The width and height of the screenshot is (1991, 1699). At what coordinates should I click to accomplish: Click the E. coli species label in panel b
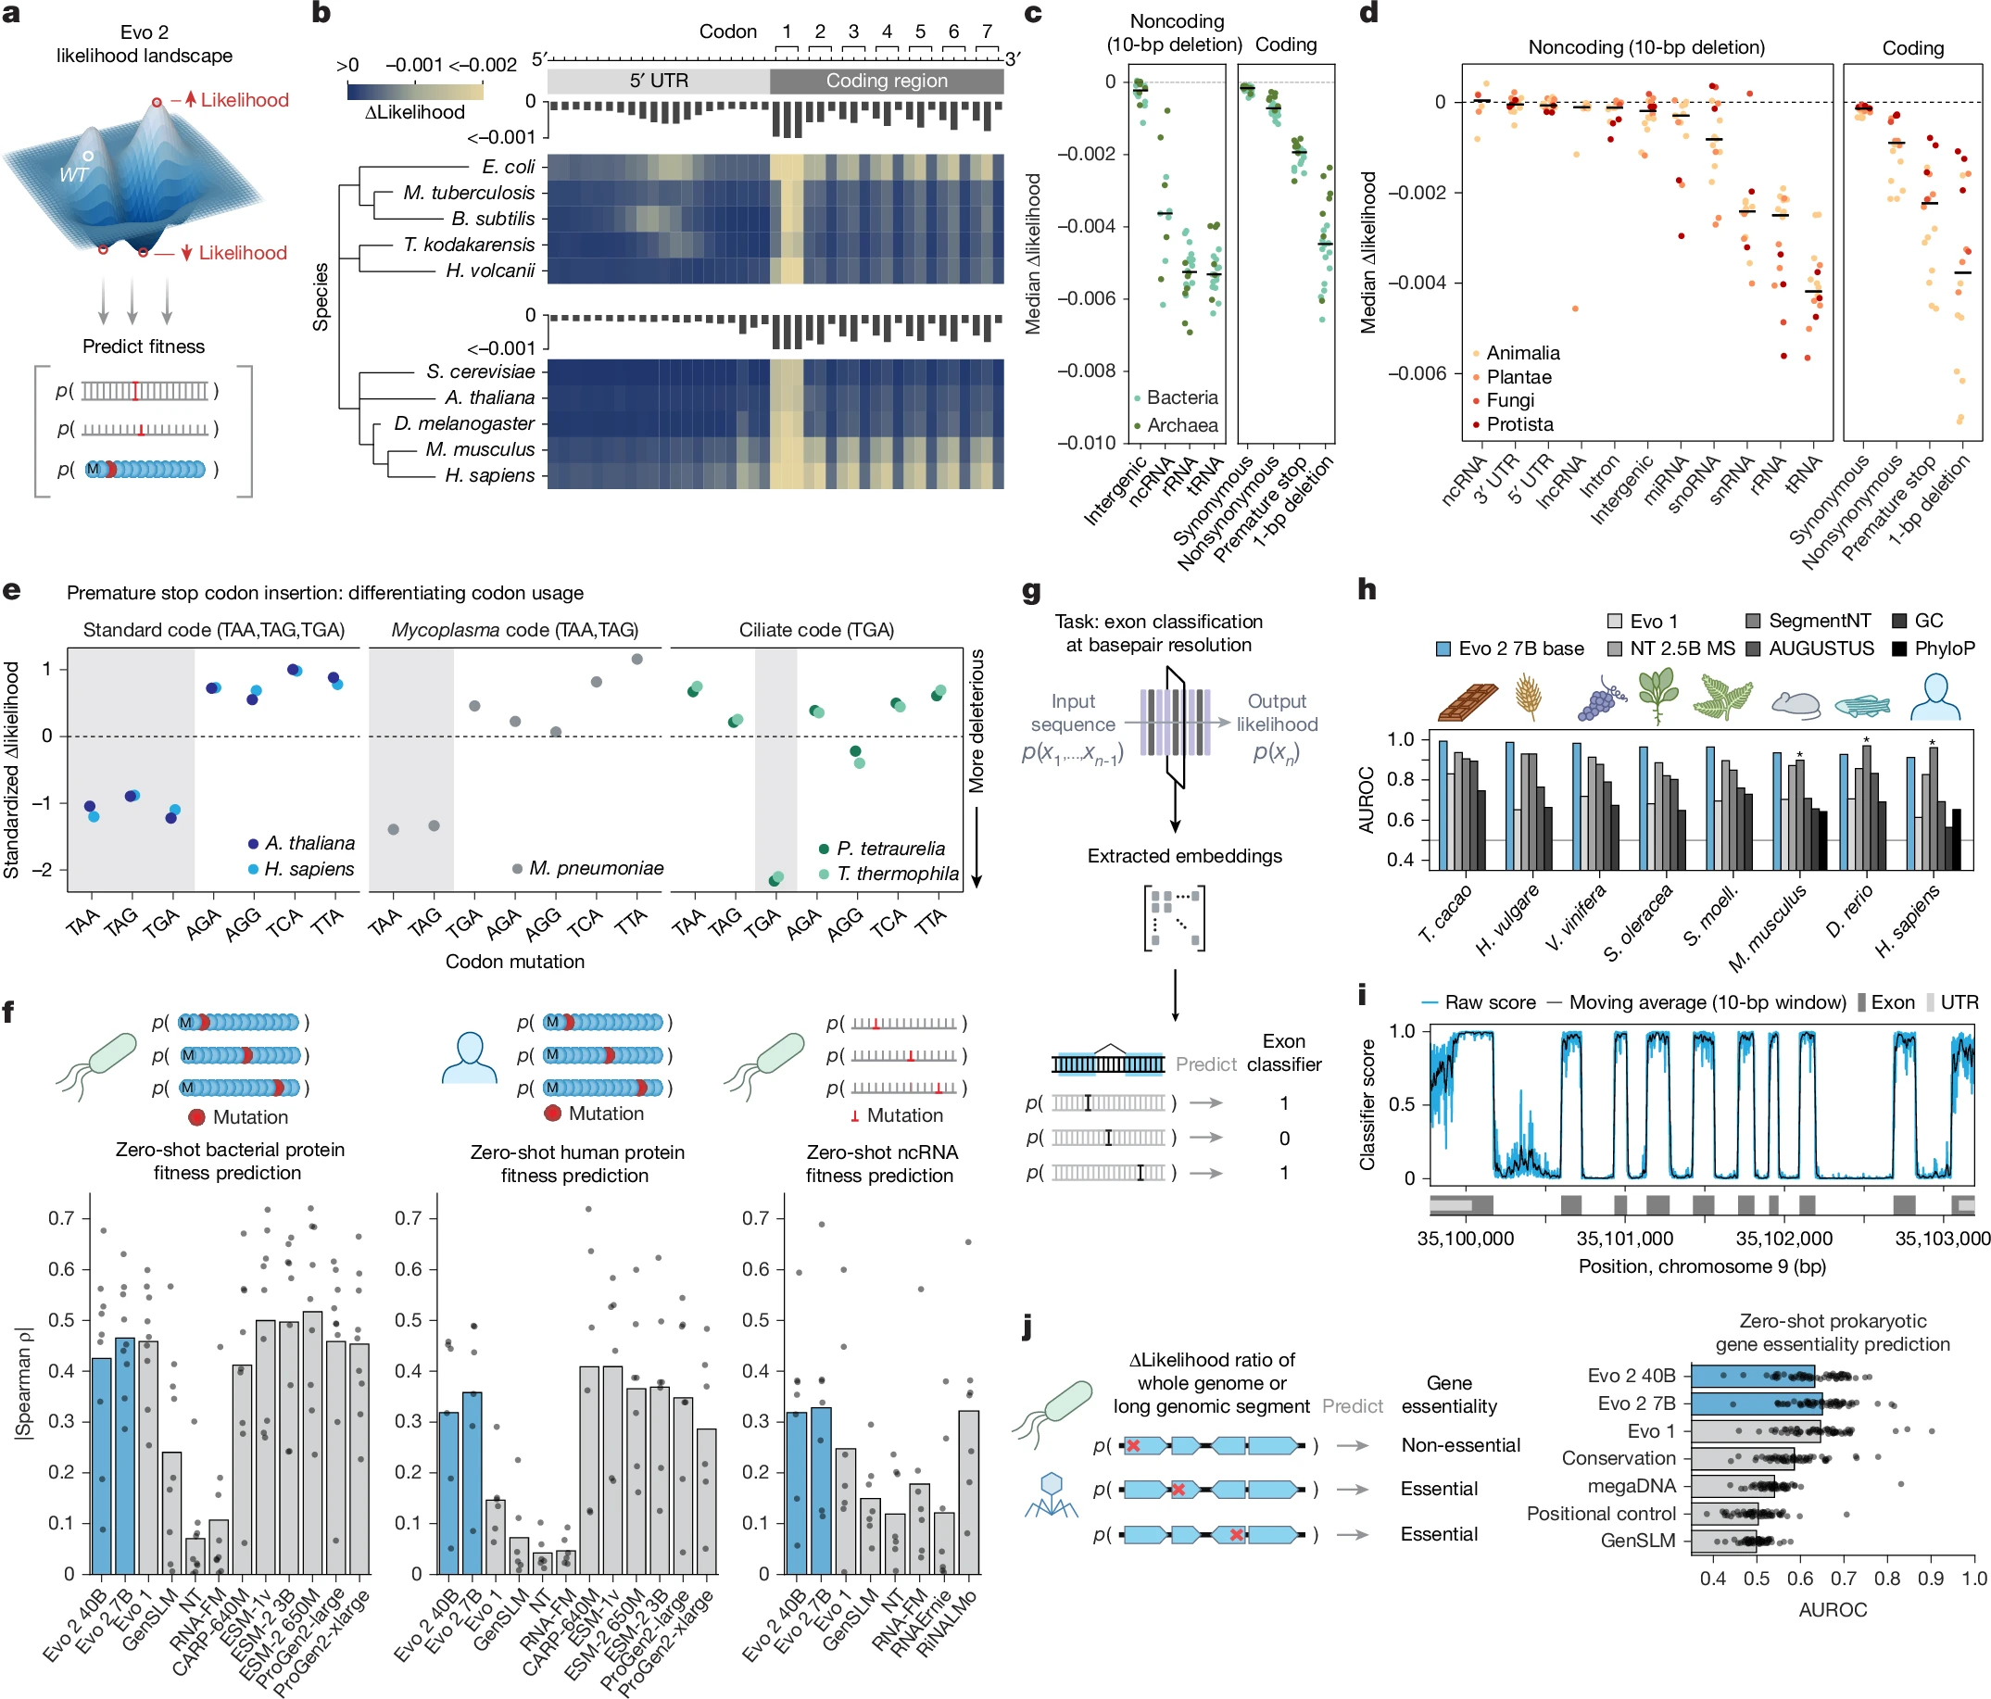(509, 166)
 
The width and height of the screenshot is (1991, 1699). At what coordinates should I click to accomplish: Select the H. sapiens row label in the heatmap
(489, 475)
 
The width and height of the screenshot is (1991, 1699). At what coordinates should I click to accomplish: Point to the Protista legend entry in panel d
(1519, 423)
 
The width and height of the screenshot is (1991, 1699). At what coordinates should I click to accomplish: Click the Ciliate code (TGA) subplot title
(816, 629)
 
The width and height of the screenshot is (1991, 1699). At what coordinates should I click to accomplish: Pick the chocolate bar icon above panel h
(1468, 701)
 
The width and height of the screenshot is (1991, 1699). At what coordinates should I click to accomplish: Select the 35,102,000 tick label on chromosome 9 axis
(1783, 1239)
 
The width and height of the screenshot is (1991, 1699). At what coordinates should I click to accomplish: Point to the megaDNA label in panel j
(1631, 1486)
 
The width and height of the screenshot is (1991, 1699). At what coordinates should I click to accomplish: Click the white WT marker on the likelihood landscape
(87, 156)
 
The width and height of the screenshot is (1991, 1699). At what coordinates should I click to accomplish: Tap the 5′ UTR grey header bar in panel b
(658, 81)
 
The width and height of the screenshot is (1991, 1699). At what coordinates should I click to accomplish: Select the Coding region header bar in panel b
(886, 81)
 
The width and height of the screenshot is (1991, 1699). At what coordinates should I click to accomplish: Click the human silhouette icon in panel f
(469, 1058)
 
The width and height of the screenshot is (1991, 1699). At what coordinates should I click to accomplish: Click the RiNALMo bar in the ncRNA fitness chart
(968, 1491)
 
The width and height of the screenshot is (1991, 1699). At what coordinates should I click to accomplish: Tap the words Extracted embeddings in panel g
(1184, 855)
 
